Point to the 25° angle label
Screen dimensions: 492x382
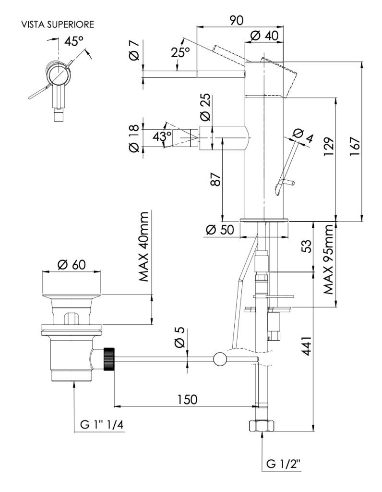[x=180, y=52]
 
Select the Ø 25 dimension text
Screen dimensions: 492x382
[x=205, y=108]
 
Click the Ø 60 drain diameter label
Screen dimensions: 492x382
[x=72, y=264]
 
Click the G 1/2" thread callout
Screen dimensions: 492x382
[x=284, y=465]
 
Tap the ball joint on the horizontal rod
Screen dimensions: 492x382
[x=219, y=359]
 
